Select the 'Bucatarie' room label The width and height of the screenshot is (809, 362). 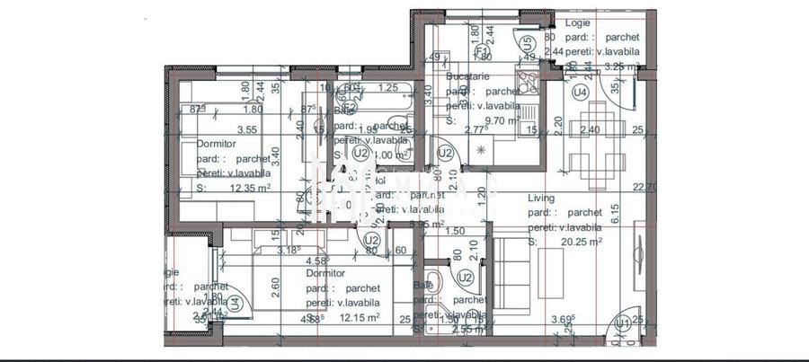point(471,77)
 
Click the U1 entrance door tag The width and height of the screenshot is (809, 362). point(621,322)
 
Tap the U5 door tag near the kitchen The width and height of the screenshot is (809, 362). point(528,41)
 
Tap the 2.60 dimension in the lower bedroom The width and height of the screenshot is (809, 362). point(275,287)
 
